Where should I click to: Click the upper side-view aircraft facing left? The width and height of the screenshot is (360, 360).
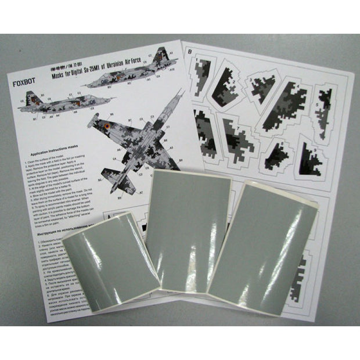point(134,73)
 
